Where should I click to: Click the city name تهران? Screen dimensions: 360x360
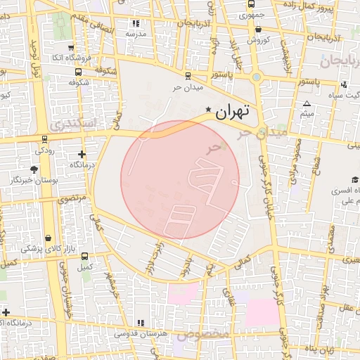pyautogui.click(x=237, y=111)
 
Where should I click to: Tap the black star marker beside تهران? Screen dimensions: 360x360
pyautogui.click(x=208, y=110)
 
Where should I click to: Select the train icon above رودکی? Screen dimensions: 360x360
pyautogui.click(x=45, y=139)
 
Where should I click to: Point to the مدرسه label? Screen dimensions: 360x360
pyautogui.click(x=136, y=34)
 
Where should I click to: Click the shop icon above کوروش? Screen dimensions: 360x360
pyautogui.click(x=259, y=30)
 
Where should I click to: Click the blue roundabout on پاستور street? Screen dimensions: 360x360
pyautogui.click(x=257, y=77)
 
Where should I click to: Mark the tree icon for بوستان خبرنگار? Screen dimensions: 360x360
pyautogui.click(x=34, y=169)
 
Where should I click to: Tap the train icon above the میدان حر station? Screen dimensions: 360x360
pyautogui.click(x=188, y=76)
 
